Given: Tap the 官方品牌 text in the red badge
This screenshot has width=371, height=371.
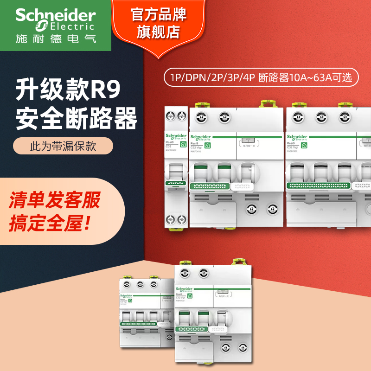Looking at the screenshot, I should (x=159, y=15).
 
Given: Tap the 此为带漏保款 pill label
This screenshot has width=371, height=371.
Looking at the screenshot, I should (x=63, y=146).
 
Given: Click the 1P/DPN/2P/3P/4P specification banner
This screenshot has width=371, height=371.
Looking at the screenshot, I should (x=261, y=77).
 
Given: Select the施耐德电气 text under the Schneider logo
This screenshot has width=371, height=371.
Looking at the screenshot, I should (x=56, y=38).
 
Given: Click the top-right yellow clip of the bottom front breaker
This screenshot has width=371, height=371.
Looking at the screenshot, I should (x=240, y=262).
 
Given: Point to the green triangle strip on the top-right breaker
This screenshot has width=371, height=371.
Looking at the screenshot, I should (x=318, y=185).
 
